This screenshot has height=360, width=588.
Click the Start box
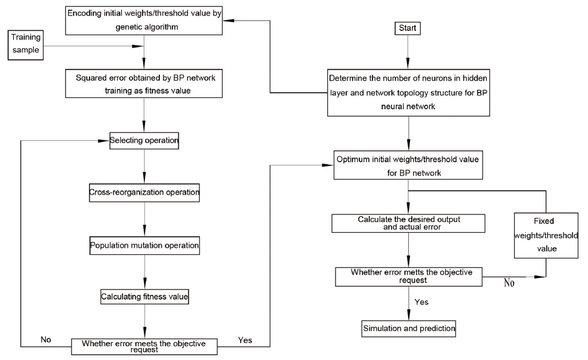[x=408, y=28]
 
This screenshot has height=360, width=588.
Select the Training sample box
[x=26, y=45]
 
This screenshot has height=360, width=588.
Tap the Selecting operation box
[x=144, y=141]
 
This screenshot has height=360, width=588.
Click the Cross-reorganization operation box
[x=144, y=193]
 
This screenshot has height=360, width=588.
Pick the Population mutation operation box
[x=144, y=245]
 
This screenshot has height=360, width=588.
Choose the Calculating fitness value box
[x=144, y=297]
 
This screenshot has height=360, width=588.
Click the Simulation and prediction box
[x=409, y=329]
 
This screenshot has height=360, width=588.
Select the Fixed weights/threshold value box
[x=546, y=235]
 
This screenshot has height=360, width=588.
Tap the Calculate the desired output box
[x=408, y=223]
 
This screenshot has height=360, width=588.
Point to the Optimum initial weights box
[x=408, y=165]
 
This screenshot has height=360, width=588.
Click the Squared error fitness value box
[x=144, y=84]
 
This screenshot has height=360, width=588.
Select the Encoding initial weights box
[x=144, y=21]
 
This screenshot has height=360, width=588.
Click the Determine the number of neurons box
[x=408, y=93]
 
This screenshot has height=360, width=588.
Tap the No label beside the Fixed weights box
[x=509, y=283]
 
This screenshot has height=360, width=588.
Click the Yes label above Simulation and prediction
[x=421, y=302]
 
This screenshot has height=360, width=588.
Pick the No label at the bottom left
[x=46, y=340]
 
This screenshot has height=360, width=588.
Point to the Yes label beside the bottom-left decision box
[x=245, y=340]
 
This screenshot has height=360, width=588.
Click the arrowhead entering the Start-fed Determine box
[x=408, y=63]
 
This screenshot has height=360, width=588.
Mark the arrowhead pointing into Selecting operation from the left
[x=103, y=141]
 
